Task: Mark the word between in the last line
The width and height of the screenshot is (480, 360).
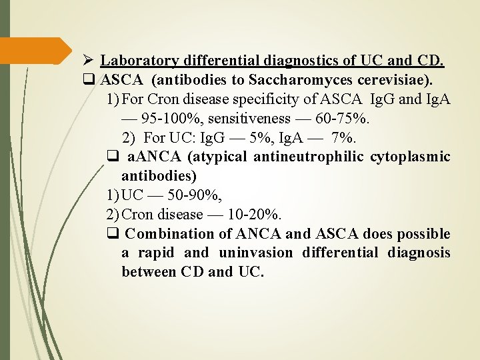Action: point(148,272)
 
